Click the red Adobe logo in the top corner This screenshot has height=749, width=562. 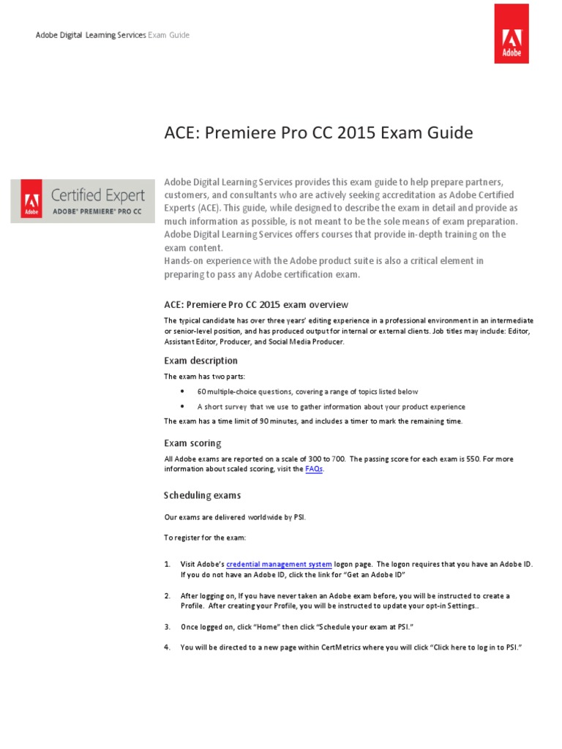[511, 33]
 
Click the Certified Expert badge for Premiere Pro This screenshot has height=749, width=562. [82, 199]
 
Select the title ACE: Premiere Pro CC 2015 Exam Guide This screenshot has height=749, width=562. [318, 133]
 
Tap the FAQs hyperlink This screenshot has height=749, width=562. [313, 470]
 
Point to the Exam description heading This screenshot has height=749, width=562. [201, 361]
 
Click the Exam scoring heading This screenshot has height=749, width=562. [192, 443]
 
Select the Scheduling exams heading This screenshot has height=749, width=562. [202, 495]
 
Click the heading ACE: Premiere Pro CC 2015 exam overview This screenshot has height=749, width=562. [256, 304]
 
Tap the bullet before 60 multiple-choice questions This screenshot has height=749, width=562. [182, 391]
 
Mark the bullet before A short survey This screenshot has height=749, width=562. [182, 406]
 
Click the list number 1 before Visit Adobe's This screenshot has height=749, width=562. [167, 564]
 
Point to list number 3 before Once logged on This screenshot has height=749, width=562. [167, 627]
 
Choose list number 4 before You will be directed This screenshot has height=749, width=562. [167, 648]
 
